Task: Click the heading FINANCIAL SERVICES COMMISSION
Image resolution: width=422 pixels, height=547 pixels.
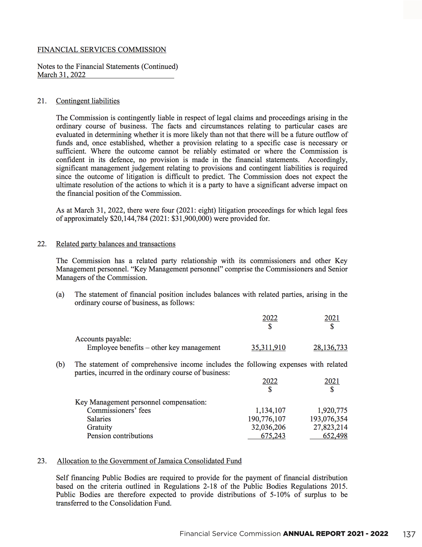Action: pos(102,49)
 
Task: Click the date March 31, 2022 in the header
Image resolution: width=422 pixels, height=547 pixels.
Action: pos(61,75)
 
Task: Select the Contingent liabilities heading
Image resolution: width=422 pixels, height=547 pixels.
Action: pos(88,101)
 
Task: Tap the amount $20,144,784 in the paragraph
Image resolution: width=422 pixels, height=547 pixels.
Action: pos(129,219)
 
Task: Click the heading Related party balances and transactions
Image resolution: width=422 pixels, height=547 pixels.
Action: pos(116,244)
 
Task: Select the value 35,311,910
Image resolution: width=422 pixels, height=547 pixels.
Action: pos(268,348)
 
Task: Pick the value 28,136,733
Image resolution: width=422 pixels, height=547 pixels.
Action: pos(330,348)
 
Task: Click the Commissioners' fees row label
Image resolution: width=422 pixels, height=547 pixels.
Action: pos(119,411)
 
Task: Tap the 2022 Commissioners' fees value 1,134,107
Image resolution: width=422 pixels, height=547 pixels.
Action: pos(270,411)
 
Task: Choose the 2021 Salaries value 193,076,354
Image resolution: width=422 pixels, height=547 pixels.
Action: pos(329,419)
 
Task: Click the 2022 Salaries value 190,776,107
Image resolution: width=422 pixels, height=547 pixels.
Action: pos(267,419)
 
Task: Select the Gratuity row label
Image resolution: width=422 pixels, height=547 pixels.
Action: pos(99,427)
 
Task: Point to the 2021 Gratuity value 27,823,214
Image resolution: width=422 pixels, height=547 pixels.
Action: pos(330,427)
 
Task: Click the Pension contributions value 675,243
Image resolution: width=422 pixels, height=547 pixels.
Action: pos(273,436)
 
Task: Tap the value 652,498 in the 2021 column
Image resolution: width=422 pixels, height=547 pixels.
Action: pos(335,436)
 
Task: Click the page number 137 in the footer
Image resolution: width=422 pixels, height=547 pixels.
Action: pos(409,534)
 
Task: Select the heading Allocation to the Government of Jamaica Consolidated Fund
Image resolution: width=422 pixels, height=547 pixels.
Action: pos(149,461)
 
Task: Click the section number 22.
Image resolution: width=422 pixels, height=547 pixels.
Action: pos(42,244)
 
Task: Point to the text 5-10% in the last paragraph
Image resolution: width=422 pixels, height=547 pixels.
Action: pos(280,495)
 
